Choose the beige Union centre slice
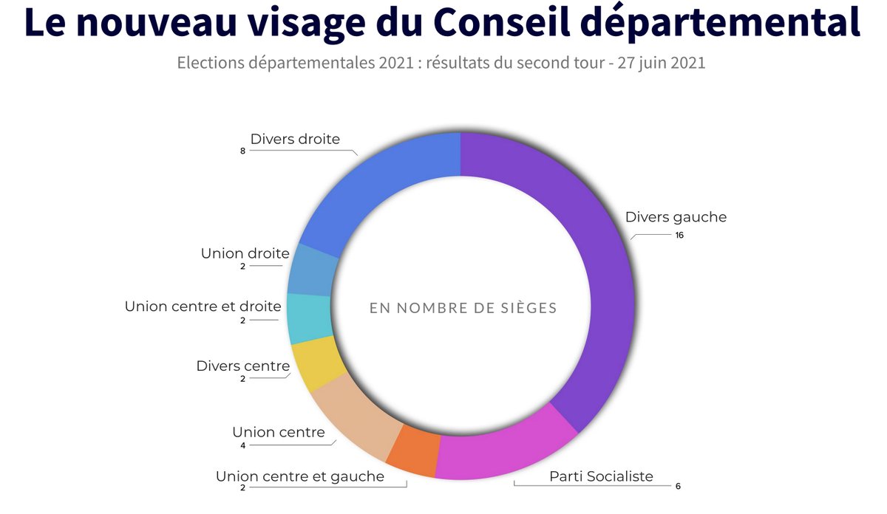tap(355, 414)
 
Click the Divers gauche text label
tap(676, 217)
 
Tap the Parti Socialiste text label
tap(601, 476)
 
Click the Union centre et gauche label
tap(300, 476)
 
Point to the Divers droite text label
tap(295, 139)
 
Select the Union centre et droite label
tap(203, 306)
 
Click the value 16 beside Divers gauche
tap(679, 236)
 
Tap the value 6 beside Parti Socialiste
tap(678, 487)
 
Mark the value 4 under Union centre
tap(242, 445)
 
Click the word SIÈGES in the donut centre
tap(521, 308)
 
